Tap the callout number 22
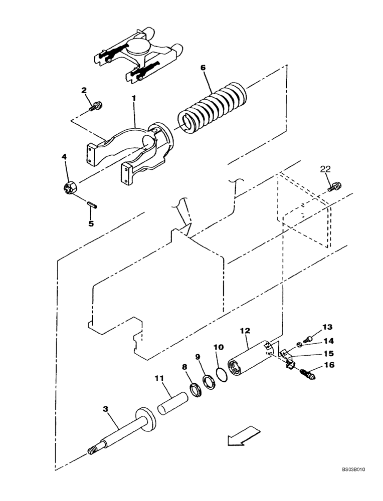click(324, 171)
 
